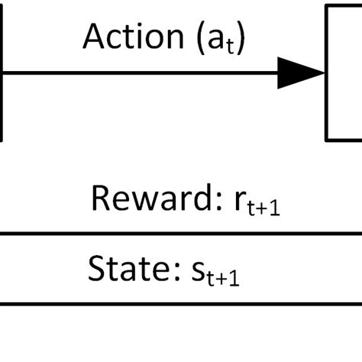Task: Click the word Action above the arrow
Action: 129,37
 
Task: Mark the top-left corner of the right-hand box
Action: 327,6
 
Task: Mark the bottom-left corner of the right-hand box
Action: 327,140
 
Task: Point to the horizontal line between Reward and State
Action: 181,234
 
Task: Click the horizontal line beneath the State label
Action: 181,303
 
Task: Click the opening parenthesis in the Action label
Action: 200,38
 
